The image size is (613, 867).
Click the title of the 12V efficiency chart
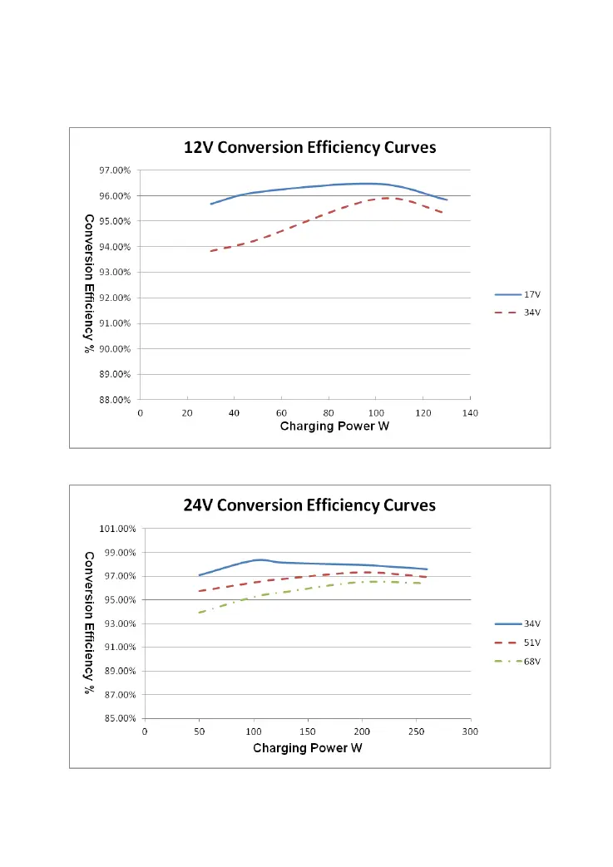click(309, 148)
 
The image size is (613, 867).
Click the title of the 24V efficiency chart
click(309, 505)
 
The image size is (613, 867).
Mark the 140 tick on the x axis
click(471, 412)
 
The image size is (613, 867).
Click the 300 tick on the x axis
click(471, 732)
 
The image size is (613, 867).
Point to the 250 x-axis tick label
click(417, 732)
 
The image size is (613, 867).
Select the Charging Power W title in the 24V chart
click(308, 747)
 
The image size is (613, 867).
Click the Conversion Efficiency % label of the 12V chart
click(87, 283)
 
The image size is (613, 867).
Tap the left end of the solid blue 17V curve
click(211, 204)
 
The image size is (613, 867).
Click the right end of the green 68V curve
click(421, 583)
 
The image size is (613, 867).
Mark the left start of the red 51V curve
click(200, 591)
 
